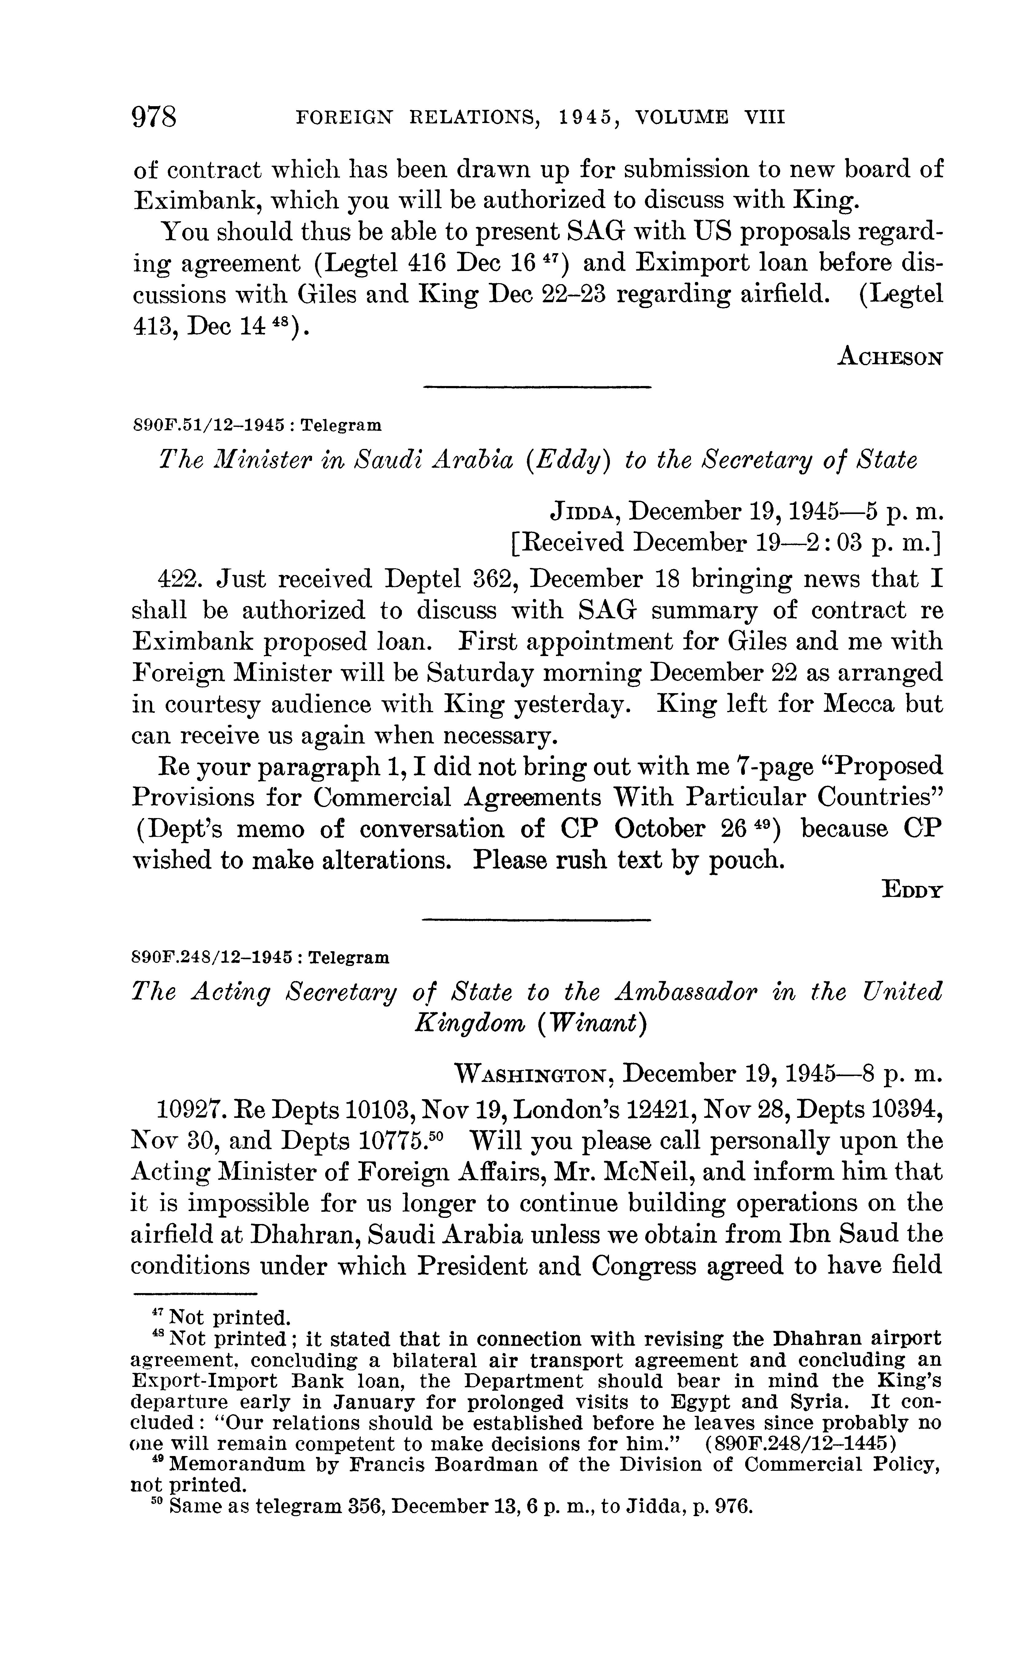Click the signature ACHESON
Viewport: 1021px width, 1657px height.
[x=889, y=357]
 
